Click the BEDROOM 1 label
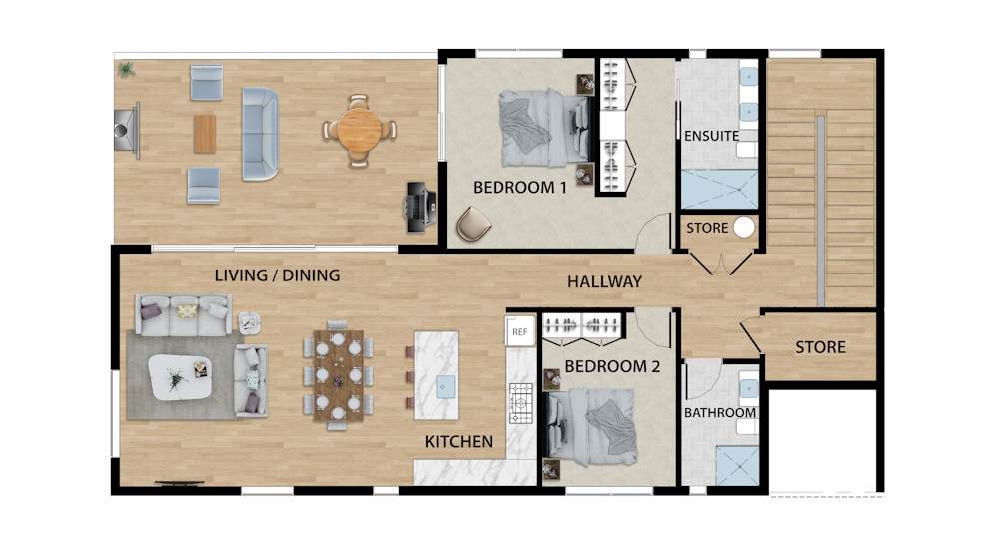click(x=519, y=188)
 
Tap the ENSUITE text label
click(x=711, y=136)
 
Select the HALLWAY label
click(x=604, y=281)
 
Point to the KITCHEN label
click(x=459, y=441)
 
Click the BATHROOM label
click(x=720, y=412)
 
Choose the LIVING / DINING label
click(x=277, y=275)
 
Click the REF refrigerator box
click(x=520, y=331)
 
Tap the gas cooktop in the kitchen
click(x=521, y=403)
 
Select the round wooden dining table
click(x=359, y=131)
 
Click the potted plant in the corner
click(x=126, y=69)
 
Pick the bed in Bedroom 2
click(x=590, y=426)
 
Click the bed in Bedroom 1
click(x=544, y=128)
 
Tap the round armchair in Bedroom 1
click(x=473, y=224)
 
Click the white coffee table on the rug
click(x=180, y=377)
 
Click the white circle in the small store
click(x=743, y=228)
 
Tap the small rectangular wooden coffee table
click(x=205, y=134)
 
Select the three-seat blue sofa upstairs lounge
click(x=260, y=134)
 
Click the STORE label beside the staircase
click(x=820, y=347)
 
